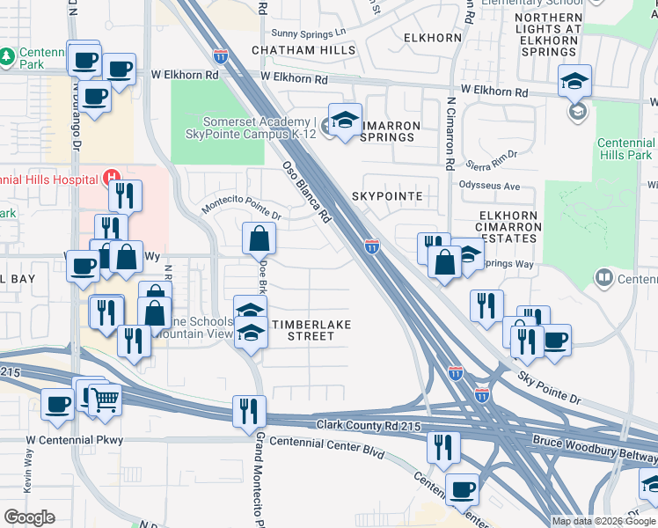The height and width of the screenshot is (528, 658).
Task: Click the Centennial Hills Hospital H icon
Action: pyautogui.click(x=112, y=179)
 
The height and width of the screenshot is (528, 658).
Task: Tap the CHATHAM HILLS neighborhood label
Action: pyautogui.click(x=303, y=50)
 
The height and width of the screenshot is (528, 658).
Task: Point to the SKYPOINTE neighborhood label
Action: pyautogui.click(x=387, y=195)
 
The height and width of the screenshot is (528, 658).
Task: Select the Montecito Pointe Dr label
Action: pyautogui.click(x=241, y=207)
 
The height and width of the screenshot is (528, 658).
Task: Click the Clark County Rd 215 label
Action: pyautogui.click(x=370, y=426)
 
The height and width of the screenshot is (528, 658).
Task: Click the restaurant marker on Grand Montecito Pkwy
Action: pyautogui.click(x=249, y=411)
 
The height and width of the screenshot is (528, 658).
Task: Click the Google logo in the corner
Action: pyautogui.click(x=29, y=517)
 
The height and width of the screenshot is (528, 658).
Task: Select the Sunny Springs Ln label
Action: pyautogui.click(x=310, y=32)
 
